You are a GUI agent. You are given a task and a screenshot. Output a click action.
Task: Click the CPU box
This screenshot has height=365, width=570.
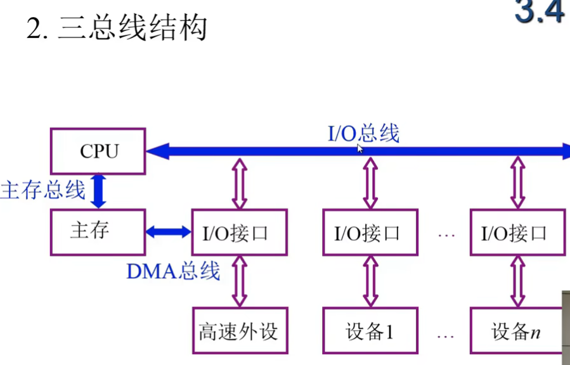click(x=98, y=151)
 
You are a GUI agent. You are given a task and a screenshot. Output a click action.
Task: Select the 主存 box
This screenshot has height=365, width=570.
click(x=98, y=231)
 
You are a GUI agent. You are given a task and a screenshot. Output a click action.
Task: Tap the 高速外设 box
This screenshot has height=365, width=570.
click(x=239, y=331)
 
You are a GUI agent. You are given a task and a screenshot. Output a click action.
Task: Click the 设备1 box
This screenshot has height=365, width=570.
click(x=370, y=331)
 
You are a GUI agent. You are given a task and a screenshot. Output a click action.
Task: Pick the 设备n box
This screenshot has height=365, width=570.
click(x=517, y=331)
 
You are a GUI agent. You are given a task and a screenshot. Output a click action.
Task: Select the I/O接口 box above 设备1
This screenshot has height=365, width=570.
click(x=370, y=233)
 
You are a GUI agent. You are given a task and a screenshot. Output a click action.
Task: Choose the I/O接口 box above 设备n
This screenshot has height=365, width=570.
click(x=517, y=233)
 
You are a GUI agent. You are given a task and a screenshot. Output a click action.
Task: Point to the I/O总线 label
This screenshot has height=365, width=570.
click(x=363, y=134)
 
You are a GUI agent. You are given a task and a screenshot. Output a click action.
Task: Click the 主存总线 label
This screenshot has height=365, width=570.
click(x=42, y=189)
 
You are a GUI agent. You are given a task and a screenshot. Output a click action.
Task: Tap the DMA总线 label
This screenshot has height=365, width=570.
click(x=173, y=271)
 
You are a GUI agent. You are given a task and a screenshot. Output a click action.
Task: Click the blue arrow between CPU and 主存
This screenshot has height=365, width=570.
click(x=98, y=191)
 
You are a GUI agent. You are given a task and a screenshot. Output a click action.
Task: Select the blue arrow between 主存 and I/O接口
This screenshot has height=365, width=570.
click(x=169, y=233)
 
